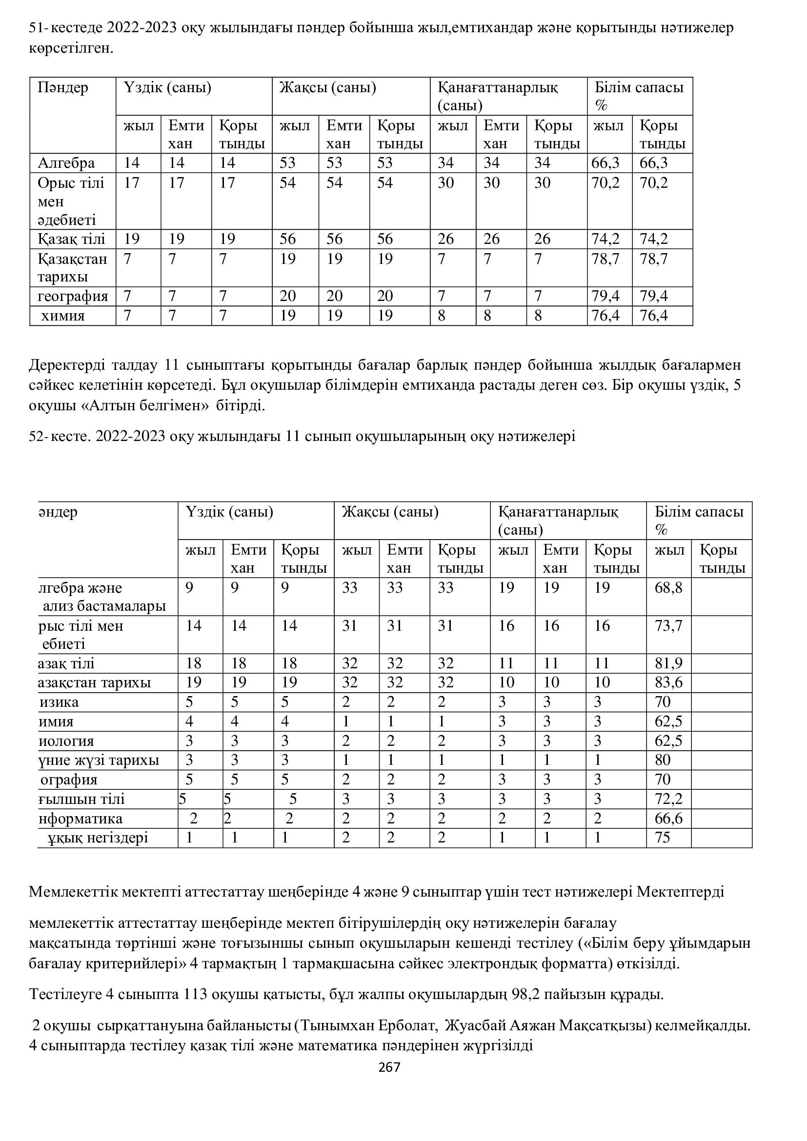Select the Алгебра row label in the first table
[x=66, y=163]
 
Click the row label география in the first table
[x=73, y=296]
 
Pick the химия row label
[x=62, y=316]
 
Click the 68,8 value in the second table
[x=668, y=588]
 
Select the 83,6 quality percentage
[x=668, y=682]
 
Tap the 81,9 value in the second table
[x=668, y=663]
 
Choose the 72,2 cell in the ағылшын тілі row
[x=668, y=799]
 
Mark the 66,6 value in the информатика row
[x=668, y=819]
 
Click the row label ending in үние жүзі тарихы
[x=99, y=760]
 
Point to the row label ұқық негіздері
[x=98, y=838]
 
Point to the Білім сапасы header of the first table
[x=639, y=88]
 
